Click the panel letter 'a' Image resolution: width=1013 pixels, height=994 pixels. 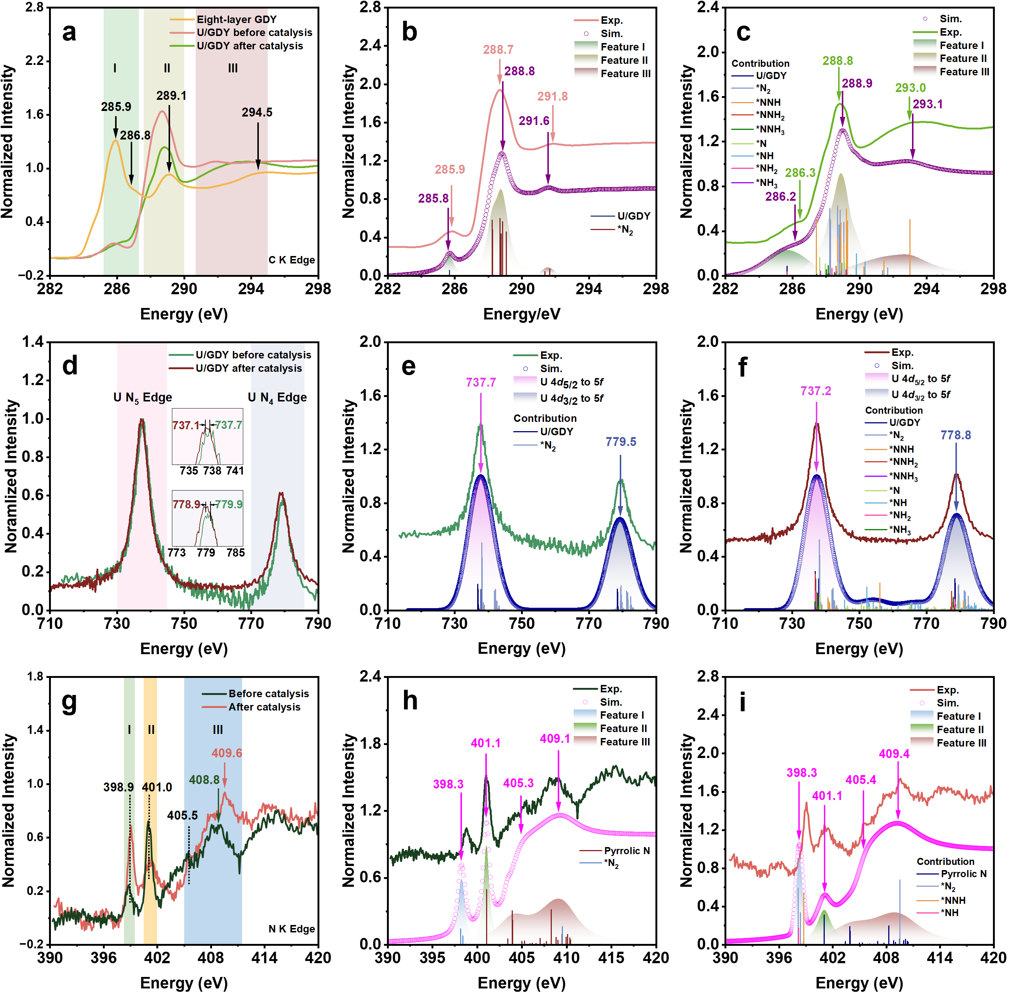[x=69, y=32]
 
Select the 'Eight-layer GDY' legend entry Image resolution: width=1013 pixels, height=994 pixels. [x=236, y=19]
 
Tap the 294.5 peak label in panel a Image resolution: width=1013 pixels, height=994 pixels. [x=257, y=112]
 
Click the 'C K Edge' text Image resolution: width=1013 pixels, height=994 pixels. [x=291, y=260]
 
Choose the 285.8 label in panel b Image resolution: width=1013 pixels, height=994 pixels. [x=433, y=199]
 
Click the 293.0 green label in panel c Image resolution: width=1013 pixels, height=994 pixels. [x=910, y=88]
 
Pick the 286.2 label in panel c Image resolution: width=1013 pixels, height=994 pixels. [x=781, y=196]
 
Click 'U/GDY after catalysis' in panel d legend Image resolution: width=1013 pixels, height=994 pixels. [x=249, y=368]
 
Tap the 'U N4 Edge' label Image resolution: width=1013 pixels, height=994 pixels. [x=277, y=398]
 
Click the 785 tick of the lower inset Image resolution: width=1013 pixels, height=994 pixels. [x=236, y=552]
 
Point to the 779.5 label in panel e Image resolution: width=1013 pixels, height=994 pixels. [x=620, y=442]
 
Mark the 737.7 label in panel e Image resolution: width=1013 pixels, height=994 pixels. [x=481, y=383]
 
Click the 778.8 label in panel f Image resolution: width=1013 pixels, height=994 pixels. [x=955, y=435]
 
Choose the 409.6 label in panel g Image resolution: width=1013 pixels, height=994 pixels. [x=227, y=753]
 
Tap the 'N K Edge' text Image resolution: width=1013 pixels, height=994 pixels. [x=291, y=929]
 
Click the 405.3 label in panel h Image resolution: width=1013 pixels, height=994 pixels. [x=518, y=783]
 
